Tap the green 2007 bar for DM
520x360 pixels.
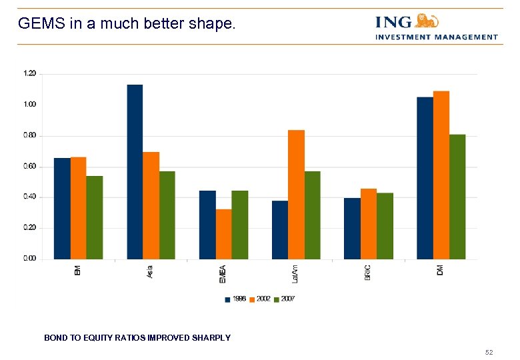coord(457,197)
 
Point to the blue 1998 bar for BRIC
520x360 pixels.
coord(352,229)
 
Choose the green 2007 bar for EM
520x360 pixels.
coord(95,217)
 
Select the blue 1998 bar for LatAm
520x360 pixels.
coord(280,230)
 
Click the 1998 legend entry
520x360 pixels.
coord(235,299)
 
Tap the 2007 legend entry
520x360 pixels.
coord(284,299)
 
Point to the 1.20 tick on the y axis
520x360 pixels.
coord(30,73)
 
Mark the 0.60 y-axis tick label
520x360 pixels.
coord(30,166)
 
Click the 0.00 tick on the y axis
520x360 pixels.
coord(30,259)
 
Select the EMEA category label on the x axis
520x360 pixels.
coord(223,274)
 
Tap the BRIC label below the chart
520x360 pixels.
coord(368,273)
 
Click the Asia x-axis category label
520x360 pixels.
coord(150,272)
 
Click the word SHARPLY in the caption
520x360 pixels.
coord(211,338)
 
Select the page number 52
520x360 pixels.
coord(489,351)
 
